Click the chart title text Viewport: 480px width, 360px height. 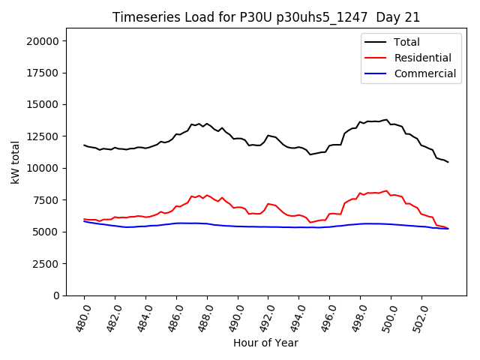coord(266,17)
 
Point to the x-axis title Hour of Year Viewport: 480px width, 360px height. coord(265,343)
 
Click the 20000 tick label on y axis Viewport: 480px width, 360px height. coord(44,41)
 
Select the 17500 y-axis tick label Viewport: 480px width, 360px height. coord(44,73)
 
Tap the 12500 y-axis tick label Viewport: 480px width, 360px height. coord(44,136)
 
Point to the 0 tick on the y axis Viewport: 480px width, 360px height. coord(57,295)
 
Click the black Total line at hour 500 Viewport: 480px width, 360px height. coord(391,124)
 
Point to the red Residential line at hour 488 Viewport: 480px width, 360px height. coord(207,195)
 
